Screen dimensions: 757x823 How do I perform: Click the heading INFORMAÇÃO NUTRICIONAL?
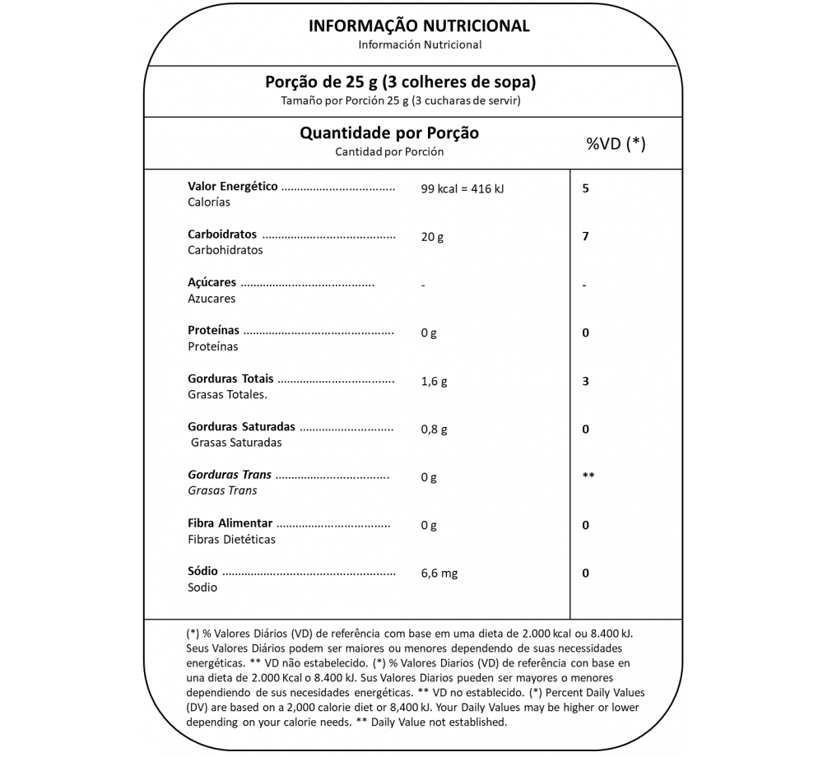click(419, 26)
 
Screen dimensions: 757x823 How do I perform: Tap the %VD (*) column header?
click(616, 144)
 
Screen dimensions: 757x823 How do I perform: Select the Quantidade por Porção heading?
click(388, 132)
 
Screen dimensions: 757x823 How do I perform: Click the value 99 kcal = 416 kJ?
click(462, 188)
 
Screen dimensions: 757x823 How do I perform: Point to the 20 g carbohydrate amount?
click(431, 237)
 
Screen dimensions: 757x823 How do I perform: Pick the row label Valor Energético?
click(233, 187)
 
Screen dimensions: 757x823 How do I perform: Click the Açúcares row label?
click(212, 282)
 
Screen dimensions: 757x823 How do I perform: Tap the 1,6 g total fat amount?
click(434, 382)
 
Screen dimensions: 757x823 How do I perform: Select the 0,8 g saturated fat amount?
click(434, 430)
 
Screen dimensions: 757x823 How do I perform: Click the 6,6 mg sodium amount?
click(439, 573)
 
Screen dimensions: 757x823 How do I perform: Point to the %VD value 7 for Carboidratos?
click(585, 236)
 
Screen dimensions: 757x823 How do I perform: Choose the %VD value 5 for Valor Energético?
click(585, 188)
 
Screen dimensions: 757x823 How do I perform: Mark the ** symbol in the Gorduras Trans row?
click(588, 476)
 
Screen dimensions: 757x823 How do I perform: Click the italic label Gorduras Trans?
click(230, 475)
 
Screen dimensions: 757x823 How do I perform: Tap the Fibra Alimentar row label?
click(230, 523)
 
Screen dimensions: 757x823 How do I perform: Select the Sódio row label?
click(202, 571)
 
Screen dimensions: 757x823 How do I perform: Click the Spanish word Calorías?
click(209, 202)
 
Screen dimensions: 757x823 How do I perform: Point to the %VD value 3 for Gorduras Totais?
click(585, 381)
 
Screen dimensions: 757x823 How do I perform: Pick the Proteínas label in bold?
click(213, 331)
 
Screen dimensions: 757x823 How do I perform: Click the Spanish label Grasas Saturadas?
click(236, 443)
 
